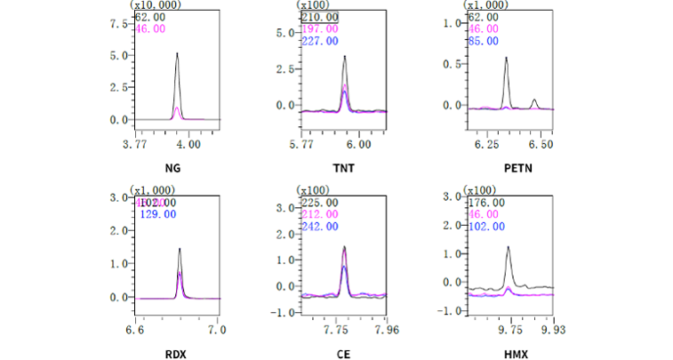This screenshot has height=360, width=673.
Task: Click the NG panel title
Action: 172,167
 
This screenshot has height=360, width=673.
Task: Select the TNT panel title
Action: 341,167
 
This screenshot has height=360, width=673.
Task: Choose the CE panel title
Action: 342,353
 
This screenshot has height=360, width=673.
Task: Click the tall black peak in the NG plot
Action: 177,55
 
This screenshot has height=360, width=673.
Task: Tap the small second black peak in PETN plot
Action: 534,100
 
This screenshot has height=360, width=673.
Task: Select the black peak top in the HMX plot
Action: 508,248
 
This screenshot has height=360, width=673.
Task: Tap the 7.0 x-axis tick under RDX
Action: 216,329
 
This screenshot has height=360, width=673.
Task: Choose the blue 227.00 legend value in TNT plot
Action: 318,40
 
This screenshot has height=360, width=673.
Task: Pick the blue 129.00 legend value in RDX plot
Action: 159,214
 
